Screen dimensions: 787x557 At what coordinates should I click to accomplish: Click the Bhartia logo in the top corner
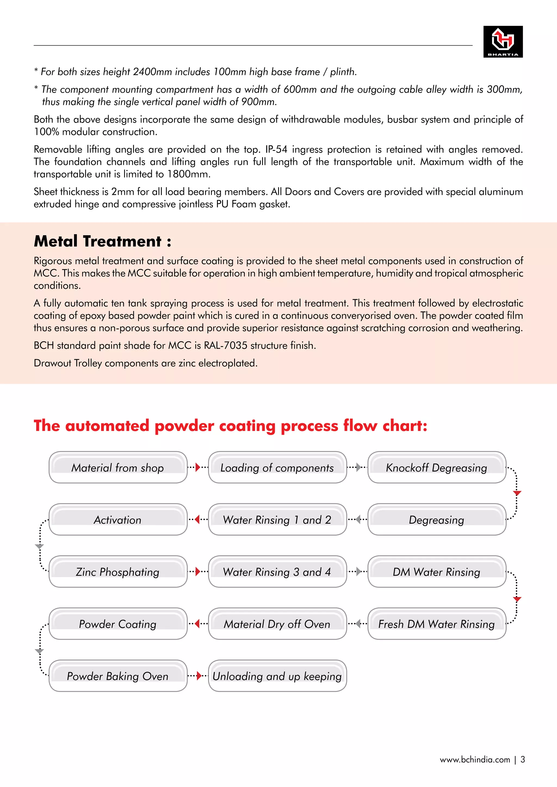[503, 42]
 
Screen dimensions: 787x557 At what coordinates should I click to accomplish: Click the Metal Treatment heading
[103, 241]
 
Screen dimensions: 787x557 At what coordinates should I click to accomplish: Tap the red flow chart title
[230, 426]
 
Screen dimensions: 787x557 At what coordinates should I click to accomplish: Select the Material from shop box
[118, 467]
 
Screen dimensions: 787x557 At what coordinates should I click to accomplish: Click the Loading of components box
[277, 467]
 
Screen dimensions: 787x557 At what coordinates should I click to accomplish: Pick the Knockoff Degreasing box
[437, 467]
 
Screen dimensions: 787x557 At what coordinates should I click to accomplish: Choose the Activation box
[118, 520]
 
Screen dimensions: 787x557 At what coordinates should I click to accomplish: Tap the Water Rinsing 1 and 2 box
[277, 520]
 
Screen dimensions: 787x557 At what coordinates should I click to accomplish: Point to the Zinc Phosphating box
[118, 572]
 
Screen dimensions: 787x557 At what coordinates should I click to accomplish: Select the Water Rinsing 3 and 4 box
[277, 572]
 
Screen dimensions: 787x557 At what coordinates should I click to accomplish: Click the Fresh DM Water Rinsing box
[437, 624]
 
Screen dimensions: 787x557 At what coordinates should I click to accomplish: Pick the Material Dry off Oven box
[277, 624]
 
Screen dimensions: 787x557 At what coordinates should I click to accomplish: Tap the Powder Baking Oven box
[118, 676]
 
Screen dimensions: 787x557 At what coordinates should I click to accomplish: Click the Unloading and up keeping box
[277, 676]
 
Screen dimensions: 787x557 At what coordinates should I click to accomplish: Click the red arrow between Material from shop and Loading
[197, 467]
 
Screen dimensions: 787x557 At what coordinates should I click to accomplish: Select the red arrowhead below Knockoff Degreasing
[517, 493]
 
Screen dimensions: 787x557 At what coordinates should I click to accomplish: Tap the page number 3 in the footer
[523, 760]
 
